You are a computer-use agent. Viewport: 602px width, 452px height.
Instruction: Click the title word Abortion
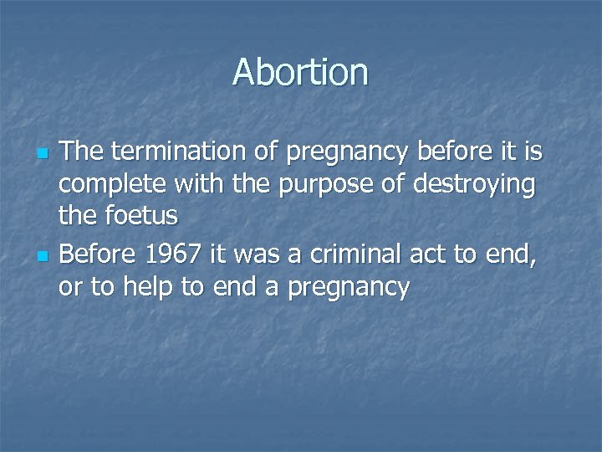(300, 72)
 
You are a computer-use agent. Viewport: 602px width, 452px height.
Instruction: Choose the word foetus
(141, 215)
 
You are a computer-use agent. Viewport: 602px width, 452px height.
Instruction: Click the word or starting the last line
(69, 287)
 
